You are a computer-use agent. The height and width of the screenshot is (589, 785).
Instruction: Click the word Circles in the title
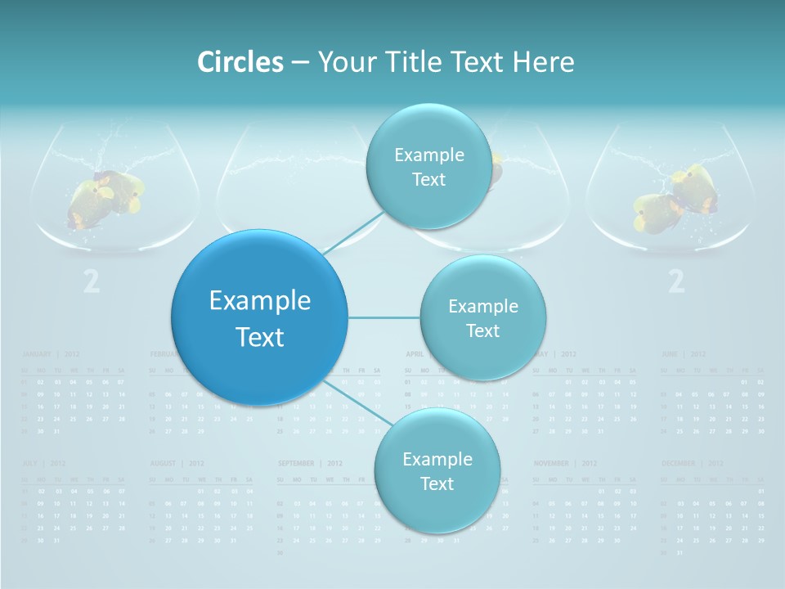point(240,62)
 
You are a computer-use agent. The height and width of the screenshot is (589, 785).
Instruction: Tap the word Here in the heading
point(543,62)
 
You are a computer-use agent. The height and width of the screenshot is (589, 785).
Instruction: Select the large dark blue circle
point(259,317)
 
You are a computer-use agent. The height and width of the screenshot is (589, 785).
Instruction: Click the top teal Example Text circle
point(428,166)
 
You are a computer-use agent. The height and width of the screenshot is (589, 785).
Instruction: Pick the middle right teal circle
point(482,317)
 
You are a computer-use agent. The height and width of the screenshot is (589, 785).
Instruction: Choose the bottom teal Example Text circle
point(437,470)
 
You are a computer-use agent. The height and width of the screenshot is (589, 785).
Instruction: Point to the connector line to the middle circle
point(384,317)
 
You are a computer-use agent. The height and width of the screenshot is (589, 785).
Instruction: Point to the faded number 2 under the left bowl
point(92,282)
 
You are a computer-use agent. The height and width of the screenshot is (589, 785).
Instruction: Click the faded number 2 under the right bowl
point(676,282)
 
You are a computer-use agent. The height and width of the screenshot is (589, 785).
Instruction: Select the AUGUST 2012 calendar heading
point(177,463)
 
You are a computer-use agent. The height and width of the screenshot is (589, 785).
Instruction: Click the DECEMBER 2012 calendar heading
point(692,463)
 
